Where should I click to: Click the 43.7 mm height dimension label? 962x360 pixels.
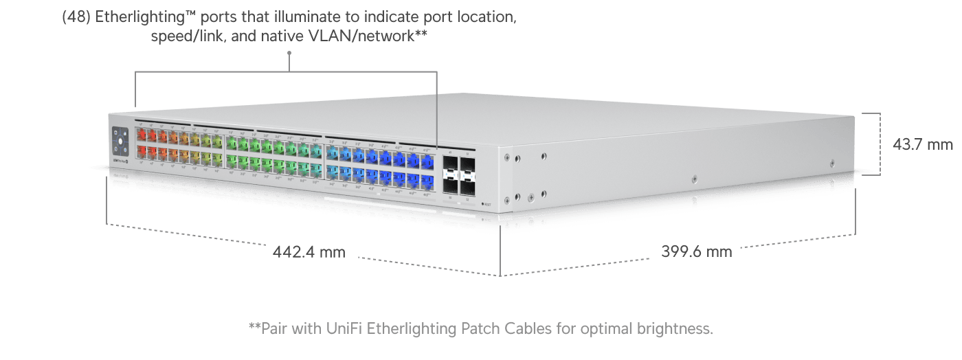pyautogui.click(x=923, y=145)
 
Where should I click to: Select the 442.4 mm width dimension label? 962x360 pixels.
pyautogui.click(x=309, y=252)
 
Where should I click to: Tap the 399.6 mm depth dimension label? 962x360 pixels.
pyautogui.click(x=696, y=251)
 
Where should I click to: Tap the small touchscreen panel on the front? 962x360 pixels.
pyautogui.click(x=120, y=142)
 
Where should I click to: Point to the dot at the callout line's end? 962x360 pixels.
pyautogui.click(x=289, y=52)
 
